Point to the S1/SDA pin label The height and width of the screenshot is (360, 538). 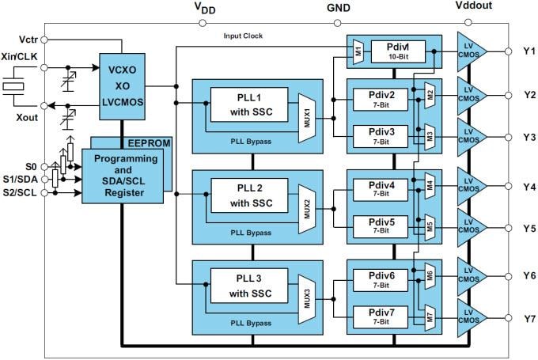20,180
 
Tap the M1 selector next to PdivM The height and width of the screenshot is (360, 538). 358,51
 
